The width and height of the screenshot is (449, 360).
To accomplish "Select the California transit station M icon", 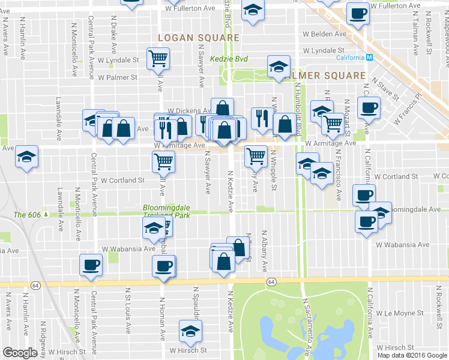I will click(x=370, y=58).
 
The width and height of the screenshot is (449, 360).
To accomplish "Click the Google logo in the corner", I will click(x=20, y=353).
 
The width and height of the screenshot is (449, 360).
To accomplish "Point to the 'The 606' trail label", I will click(x=28, y=215).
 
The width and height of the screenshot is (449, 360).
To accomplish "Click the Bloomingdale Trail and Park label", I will click(x=166, y=212).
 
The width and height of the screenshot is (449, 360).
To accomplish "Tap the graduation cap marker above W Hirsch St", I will click(x=190, y=331).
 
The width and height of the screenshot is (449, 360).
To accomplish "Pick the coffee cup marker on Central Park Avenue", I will click(x=91, y=265).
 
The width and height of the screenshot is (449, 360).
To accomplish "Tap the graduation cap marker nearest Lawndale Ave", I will click(x=27, y=157).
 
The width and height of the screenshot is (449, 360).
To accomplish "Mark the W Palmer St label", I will click(x=118, y=77).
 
